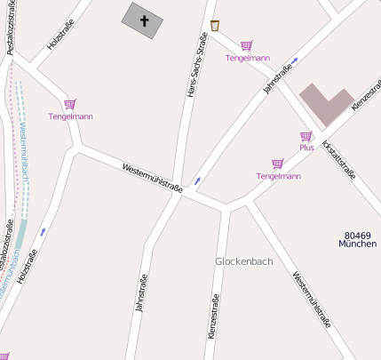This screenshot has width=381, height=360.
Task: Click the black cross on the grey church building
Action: pyautogui.click(x=143, y=19)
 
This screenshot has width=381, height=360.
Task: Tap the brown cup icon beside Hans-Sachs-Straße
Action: pyautogui.click(x=215, y=26)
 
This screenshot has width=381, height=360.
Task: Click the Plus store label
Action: pyautogui.click(x=306, y=148)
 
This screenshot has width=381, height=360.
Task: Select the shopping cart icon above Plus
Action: pyautogui.click(x=306, y=136)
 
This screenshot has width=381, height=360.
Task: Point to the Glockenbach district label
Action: pyautogui.click(x=243, y=261)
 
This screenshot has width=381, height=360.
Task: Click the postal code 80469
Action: pyautogui.click(x=358, y=235)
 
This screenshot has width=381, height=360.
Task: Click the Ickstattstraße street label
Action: pyautogui.click(x=338, y=159)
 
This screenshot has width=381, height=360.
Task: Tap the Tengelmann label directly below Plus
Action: pyautogui.click(x=278, y=176)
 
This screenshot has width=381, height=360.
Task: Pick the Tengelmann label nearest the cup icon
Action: pyautogui.click(x=248, y=58)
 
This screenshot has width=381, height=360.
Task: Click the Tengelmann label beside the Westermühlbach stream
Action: pyautogui.click(x=70, y=116)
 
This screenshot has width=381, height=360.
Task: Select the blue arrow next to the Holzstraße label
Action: pyautogui.click(x=42, y=231)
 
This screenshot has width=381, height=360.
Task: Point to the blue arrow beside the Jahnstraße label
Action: pyautogui.click(x=295, y=60)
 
